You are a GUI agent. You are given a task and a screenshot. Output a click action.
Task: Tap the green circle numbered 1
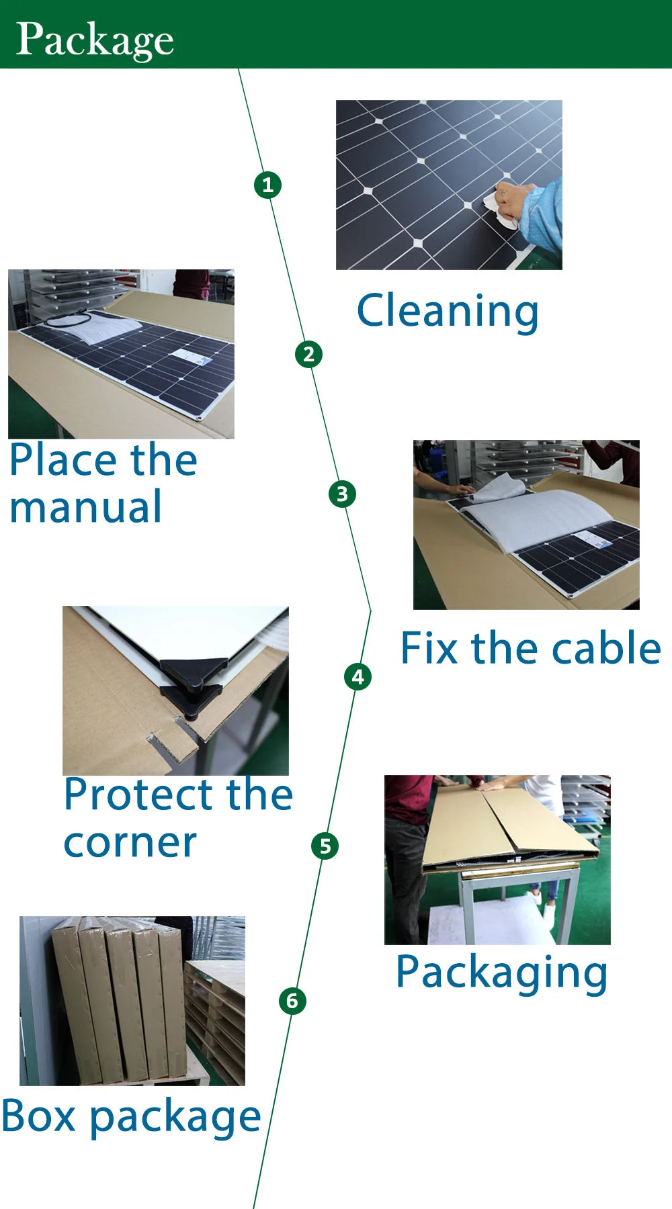click(267, 185)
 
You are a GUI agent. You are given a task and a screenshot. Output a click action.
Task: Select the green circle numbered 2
click(308, 354)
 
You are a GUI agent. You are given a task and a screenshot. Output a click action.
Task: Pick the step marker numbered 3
click(342, 494)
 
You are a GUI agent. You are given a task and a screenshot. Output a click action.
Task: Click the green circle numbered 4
click(358, 676)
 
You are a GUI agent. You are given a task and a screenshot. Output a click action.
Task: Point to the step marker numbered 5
click(325, 846)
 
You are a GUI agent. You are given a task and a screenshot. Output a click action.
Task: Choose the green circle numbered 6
click(292, 1001)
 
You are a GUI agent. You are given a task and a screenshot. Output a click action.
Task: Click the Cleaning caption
click(448, 311)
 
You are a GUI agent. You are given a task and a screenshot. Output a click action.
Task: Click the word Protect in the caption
click(140, 795)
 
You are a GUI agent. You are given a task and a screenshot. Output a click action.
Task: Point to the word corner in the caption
click(130, 844)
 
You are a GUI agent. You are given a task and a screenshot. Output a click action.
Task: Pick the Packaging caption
click(501, 973)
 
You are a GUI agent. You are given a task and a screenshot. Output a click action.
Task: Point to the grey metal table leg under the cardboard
click(467, 910)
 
